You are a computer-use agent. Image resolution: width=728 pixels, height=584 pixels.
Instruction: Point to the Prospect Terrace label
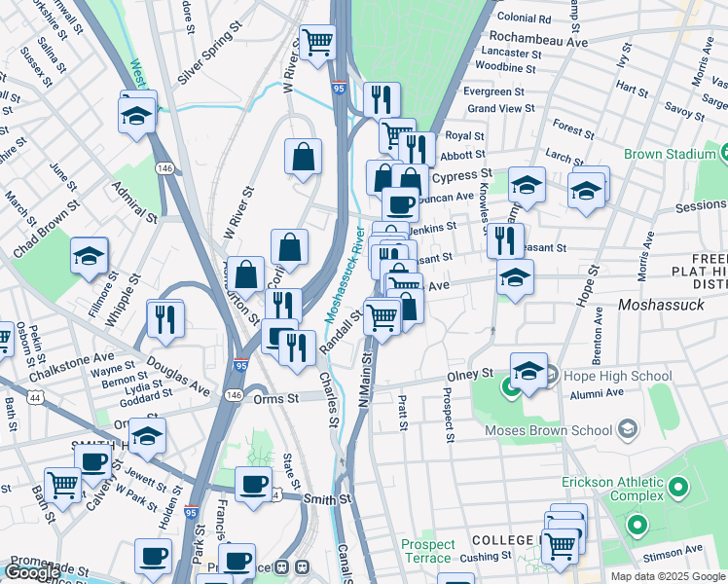[x=428, y=551]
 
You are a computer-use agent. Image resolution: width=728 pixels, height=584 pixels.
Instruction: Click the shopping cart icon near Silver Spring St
[x=317, y=43]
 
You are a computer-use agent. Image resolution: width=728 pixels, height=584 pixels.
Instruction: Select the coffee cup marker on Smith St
[x=254, y=484]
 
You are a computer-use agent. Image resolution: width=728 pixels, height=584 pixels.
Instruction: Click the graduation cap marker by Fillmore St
[x=89, y=257]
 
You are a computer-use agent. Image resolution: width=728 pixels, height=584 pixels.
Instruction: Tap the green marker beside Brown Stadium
[x=724, y=154]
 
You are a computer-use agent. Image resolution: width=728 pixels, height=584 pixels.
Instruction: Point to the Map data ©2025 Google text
[x=667, y=576]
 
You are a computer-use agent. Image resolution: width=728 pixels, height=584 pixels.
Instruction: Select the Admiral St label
[x=134, y=201]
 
